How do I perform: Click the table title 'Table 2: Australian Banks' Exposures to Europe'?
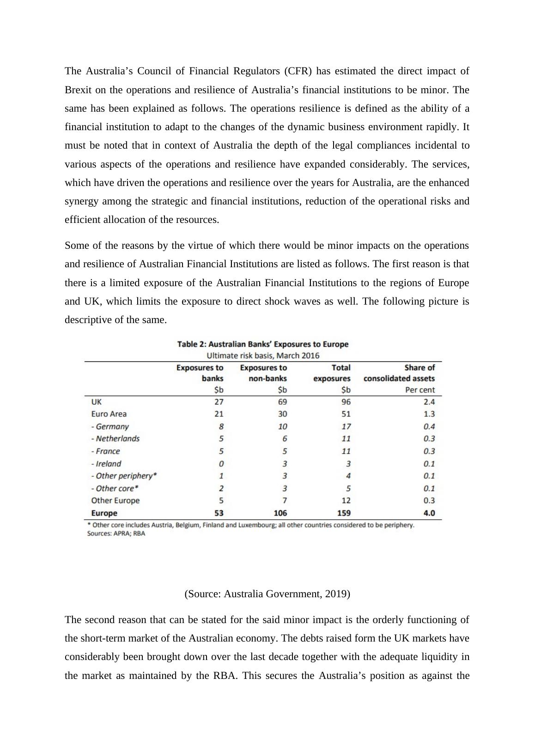pos(263,344)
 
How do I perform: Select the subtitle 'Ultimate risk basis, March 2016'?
pos(263,355)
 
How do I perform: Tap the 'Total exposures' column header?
pos(332,373)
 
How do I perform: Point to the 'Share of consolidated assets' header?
pos(399,373)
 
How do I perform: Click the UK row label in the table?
pos(97,402)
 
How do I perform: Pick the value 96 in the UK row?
pos(346,402)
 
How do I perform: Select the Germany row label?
pos(110,426)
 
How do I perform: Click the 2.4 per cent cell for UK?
pos(429,402)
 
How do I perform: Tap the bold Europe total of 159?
pos(344,513)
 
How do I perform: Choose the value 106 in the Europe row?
pos(280,513)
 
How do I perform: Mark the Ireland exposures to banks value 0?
pos(221,463)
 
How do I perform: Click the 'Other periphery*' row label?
pos(124,476)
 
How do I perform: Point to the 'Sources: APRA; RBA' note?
pos(116,534)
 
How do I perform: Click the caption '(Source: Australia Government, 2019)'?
pos(267,594)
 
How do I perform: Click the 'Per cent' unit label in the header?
pos(420,390)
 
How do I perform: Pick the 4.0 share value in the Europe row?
pos(429,513)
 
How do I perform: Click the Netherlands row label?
pos(116,438)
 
